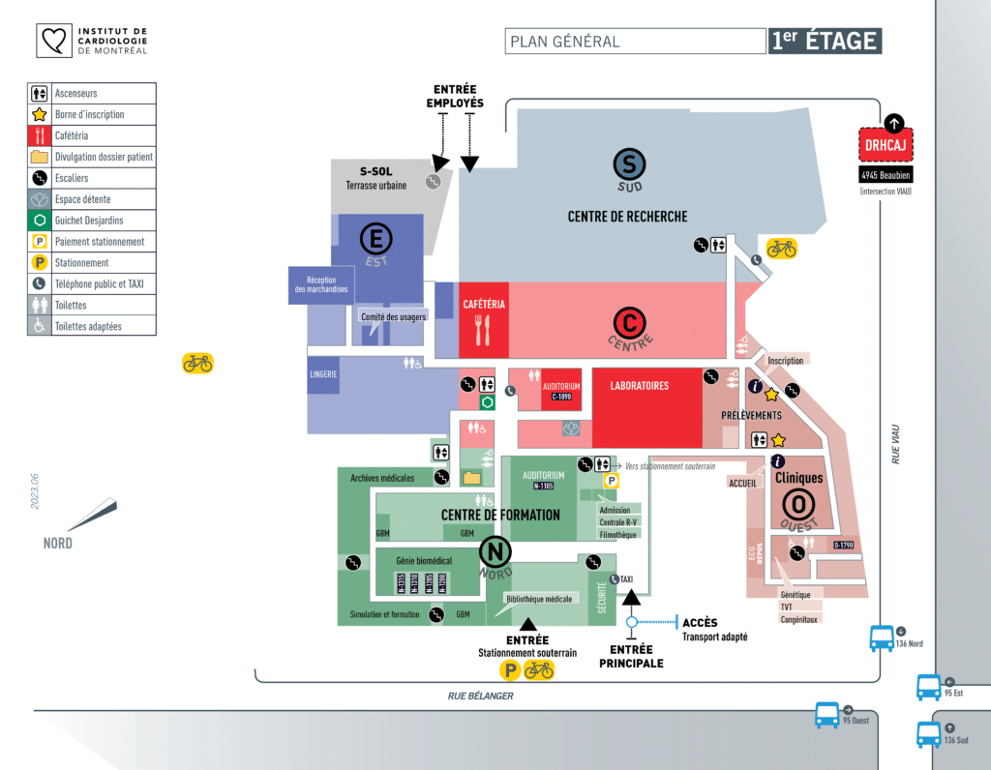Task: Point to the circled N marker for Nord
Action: coord(495,553)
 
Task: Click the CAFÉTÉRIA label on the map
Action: coord(484,305)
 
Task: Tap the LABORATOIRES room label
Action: coord(640,386)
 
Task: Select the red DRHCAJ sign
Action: coord(886,145)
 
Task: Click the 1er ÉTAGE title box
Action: coord(825,41)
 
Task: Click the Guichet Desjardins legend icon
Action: coord(40,221)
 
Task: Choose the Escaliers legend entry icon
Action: coord(40,178)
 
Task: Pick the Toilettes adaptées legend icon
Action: coord(40,326)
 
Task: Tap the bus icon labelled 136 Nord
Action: coord(882,638)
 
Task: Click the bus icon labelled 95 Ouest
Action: coord(826,716)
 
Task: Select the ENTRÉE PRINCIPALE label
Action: coord(631,656)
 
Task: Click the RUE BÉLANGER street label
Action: coord(480,696)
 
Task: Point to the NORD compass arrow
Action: coord(91,515)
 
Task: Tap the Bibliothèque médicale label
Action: coord(539,599)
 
